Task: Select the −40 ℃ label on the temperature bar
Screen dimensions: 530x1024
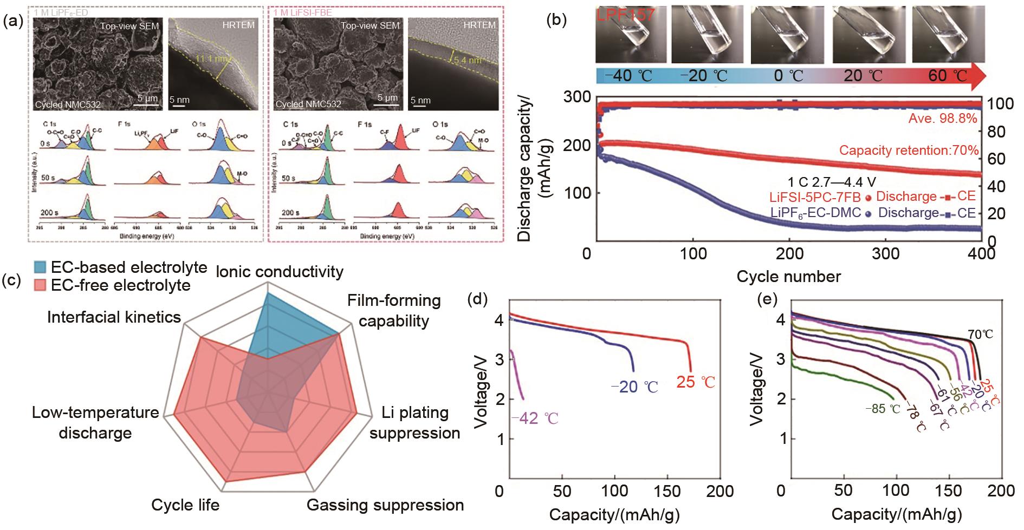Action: pyautogui.click(x=628, y=75)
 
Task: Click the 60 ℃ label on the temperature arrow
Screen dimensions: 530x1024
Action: pyautogui.click(x=948, y=75)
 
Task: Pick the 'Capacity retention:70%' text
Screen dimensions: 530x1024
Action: pyautogui.click(x=909, y=150)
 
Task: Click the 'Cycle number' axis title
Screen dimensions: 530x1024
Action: pyautogui.click(x=788, y=277)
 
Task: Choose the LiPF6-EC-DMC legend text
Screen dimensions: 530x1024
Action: pyautogui.click(x=815, y=213)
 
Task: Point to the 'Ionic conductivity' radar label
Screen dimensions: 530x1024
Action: pyautogui.click(x=280, y=271)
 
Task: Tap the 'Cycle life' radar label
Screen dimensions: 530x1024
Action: pyautogui.click(x=185, y=505)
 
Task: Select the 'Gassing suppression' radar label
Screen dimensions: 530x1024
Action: pyautogui.click(x=385, y=505)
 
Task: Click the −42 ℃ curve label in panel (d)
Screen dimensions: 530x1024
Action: pyautogui.click(x=534, y=418)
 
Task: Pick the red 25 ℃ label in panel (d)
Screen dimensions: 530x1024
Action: pyautogui.click(x=696, y=382)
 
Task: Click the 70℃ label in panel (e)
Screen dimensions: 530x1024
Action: pyautogui.click(x=981, y=335)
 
